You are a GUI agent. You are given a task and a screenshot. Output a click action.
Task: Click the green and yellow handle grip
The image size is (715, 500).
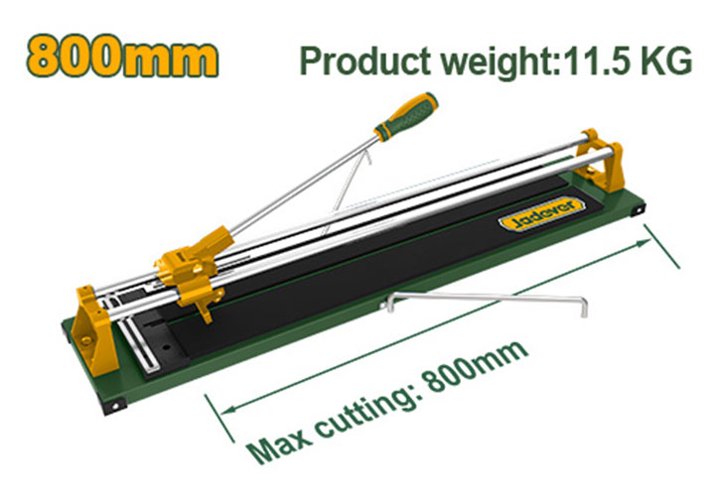coord(405,115)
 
